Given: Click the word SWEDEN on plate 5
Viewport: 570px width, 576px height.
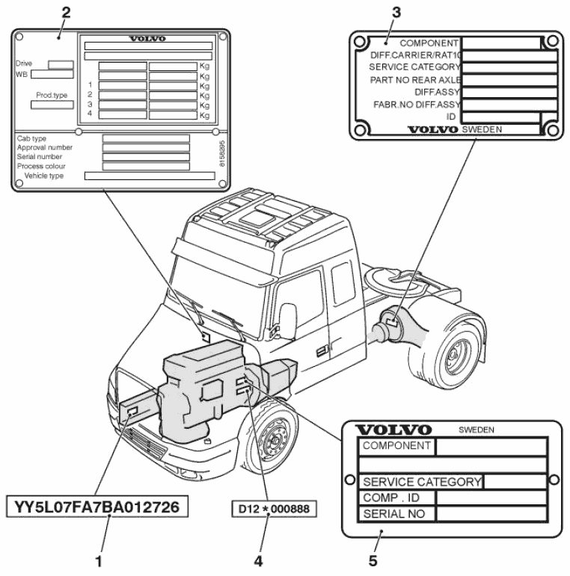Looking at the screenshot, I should (x=476, y=430).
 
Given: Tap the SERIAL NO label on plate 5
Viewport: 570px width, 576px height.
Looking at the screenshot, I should (x=394, y=514).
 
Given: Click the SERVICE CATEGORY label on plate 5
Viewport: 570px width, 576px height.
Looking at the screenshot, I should (x=421, y=482).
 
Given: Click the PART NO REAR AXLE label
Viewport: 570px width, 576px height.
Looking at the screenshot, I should (x=416, y=79).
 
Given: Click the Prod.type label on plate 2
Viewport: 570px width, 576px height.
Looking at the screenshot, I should (x=52, y=96).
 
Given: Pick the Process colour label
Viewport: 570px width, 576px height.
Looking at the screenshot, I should (x=40, y=166).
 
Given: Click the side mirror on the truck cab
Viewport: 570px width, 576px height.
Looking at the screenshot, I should (x=287, y=318).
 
